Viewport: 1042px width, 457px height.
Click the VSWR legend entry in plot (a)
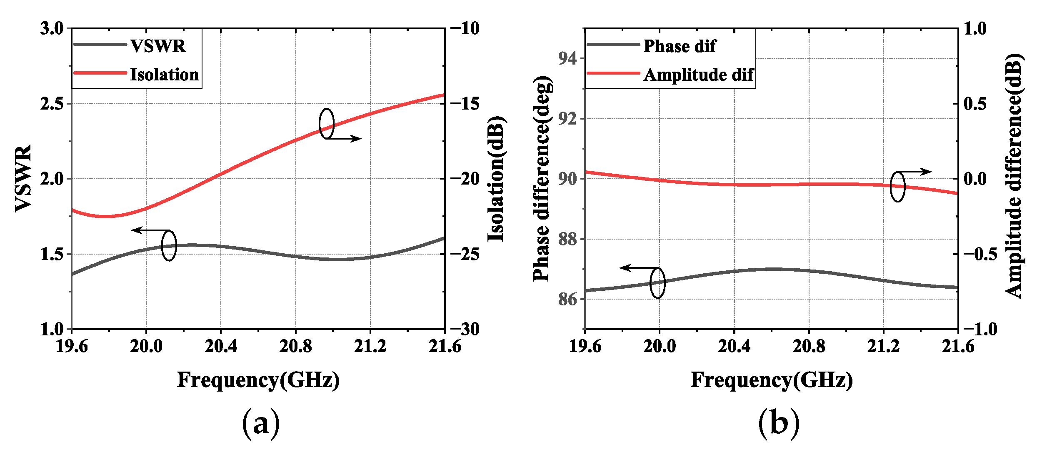click(x=157, y=46)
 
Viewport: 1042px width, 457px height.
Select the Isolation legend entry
click(x=164, y=75)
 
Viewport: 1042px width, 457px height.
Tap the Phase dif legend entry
click(x=679, y=46)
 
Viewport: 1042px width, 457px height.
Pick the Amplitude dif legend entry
click(x=698, y=75)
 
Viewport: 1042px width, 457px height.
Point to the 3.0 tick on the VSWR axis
click(x=52, y=28)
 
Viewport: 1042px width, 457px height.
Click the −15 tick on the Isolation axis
click(x=465, y=103)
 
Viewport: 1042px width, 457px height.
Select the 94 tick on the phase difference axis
click(x=567, y=58)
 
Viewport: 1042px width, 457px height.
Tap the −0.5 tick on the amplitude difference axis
click(x=980, y=254)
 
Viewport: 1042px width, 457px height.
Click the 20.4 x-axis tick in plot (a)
click(x=220, y=346)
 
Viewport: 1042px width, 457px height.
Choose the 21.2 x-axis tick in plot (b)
click(x=883, y=346)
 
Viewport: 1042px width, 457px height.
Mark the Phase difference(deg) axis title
click(x=542, y=179)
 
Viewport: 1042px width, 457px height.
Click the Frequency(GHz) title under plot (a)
click(x=258, y=380)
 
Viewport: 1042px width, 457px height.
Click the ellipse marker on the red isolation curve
click(x=327, y=123)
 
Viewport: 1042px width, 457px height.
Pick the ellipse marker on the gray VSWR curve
click(x=169, y=245)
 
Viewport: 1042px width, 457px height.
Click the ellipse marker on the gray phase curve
click(x=657, y=283)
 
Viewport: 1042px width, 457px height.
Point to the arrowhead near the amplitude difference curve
click(x=927, y=171)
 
